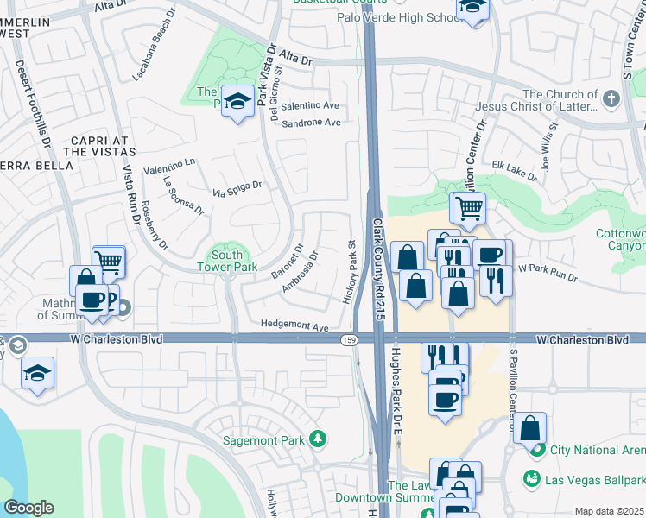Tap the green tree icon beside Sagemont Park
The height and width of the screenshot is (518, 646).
(319, 439)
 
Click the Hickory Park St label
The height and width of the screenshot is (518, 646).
(352, 272)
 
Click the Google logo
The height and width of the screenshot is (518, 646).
(29, 507)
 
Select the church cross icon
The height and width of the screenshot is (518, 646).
(611, 99)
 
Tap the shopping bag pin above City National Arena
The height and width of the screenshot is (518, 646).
(529, 427)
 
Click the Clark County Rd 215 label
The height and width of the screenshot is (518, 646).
(379, 268)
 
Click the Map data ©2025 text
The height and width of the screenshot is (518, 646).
(609, 511)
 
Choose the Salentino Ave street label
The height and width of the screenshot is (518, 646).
(308, 105)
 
